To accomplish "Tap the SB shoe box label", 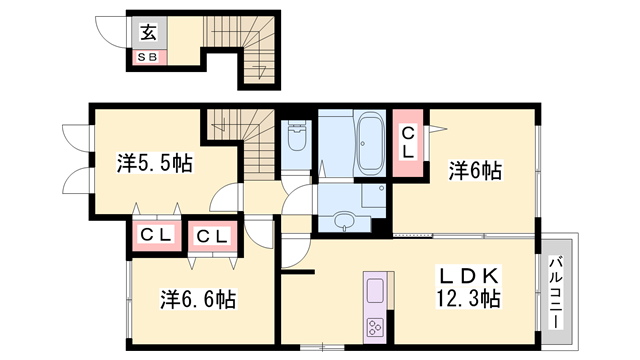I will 148,57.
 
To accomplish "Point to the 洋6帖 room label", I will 474,171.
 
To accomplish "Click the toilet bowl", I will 297,139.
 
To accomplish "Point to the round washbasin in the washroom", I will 345,220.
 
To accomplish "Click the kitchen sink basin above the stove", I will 378,292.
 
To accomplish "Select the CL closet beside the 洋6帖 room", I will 409,142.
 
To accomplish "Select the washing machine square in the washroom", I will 371,196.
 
